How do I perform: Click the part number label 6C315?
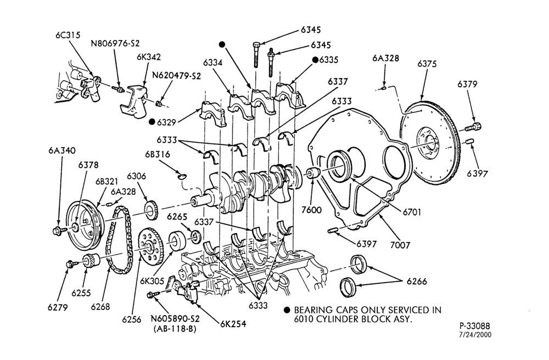coord(68,35)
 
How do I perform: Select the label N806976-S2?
coord(115,43)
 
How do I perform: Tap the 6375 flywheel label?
coord(427,64)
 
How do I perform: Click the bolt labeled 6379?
coord(473,127)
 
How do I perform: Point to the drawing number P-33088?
coord(475,326)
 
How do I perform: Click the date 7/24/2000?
coord(475,335)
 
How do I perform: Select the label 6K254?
coord(233,324)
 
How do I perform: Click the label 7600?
coord(311,210)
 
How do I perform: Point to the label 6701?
coord(412,212)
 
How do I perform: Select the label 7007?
coord(400,245)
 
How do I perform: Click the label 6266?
coord(417,282)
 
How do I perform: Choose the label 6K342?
coord(149,57)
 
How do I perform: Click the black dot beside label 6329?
coord(152,122)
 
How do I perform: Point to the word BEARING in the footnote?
coord(313,310)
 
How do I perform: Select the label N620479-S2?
coord(176,76)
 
